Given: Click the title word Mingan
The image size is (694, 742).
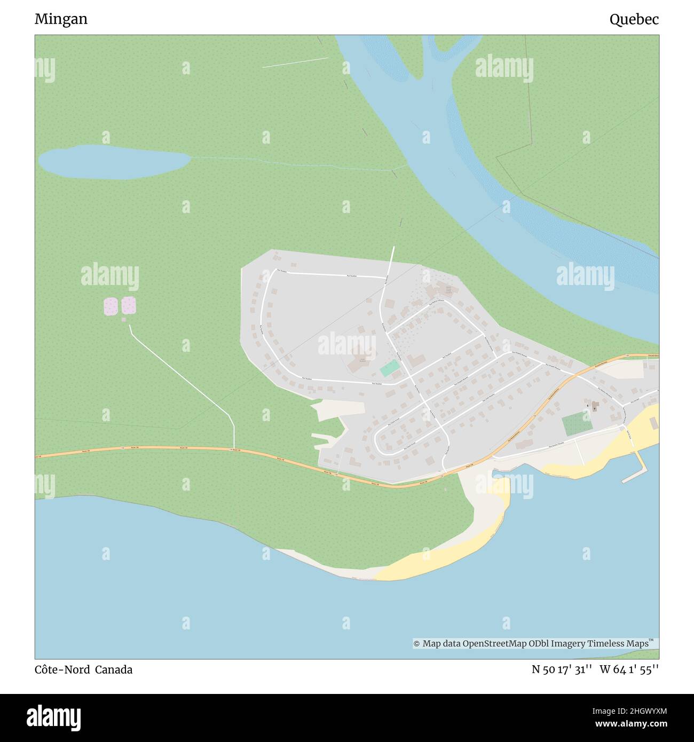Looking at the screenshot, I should (x=61, y=19).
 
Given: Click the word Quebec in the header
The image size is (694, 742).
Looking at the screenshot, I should (x=634, y=20).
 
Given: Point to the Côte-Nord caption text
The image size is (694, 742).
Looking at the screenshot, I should (x=62, y=669).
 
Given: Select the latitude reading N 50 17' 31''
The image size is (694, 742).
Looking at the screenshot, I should (x=561, y=669).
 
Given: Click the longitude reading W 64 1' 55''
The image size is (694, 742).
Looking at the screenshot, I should (x=629, y=669).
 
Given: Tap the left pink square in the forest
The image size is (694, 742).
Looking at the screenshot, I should (x=111, y=306).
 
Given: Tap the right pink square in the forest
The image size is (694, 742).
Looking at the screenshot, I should (x=129, y=305).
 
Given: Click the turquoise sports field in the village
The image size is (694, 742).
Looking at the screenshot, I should (x=389, y=368).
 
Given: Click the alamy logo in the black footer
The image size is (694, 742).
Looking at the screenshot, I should (x=54, y=717).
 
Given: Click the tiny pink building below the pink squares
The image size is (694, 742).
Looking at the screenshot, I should (x=124, y=320).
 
